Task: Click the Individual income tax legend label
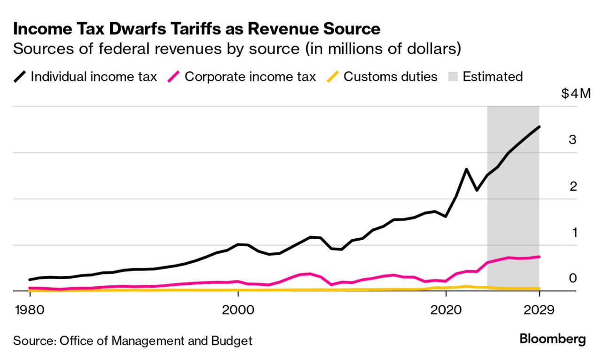(x=94, y=77)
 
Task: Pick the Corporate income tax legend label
(x=250, y=77)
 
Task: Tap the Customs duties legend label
(x=391, y=77)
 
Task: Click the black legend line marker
(x=19, y=77)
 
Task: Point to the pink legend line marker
(x=173, y=77)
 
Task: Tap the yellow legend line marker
(x=333, y=77)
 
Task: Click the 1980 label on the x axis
(x=30, y=310)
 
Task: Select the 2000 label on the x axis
(x=238, y=310)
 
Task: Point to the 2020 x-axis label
(x=446, y=310)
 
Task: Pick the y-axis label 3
(x=573, y=140)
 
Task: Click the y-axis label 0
(x=573, y=278)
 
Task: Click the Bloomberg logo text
(x=552, y=339)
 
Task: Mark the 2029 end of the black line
(x=539, y=127)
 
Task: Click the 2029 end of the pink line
(x=539, y=257)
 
